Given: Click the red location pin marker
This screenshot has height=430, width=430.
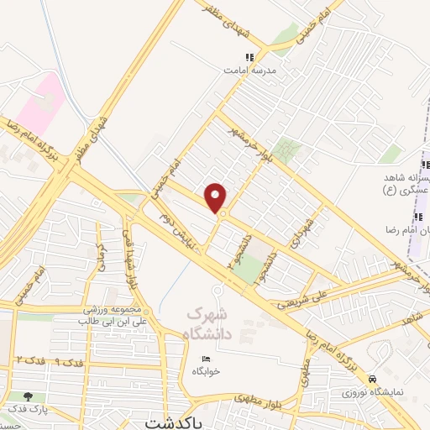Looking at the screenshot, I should pyautogui.click(x=217, y=197).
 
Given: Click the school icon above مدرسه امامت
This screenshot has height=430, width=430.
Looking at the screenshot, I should pyautogui.click(x=249, y=57).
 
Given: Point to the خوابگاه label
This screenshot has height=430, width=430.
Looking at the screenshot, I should pyautogui.click(x=207, y=370).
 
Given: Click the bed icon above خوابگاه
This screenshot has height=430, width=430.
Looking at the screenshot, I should pyautogui.click(x=207, y=359).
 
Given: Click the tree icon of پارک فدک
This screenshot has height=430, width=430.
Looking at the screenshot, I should pyautogui.click(x=30, y=396).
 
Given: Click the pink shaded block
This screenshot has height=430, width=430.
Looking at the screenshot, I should pyautogui.click(x=44, y=100).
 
